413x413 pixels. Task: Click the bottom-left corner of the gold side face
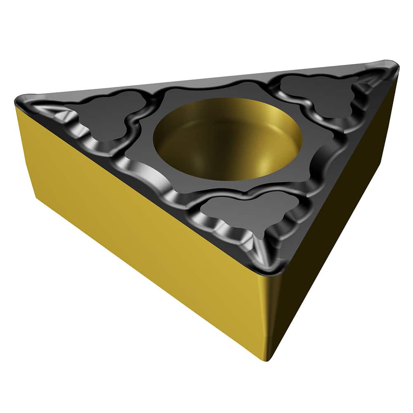coord(37,198)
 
